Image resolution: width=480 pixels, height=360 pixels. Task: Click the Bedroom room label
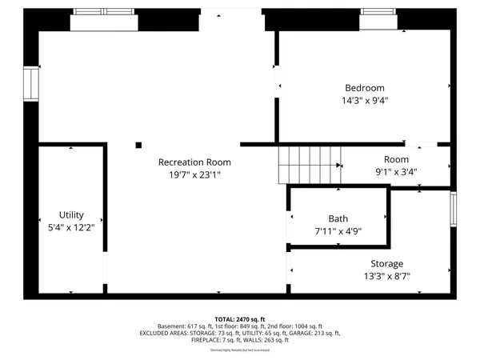click(x=365, y=88)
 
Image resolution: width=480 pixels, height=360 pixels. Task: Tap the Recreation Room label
click(x=194, y=162)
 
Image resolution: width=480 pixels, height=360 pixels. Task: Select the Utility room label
click(x=71, y=215)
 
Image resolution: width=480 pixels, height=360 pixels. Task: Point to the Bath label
click(x=338, y=219)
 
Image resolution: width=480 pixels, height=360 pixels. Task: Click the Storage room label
click(x=386, y=264)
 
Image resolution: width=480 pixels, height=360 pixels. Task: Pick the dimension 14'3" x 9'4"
click(x=365, y=101)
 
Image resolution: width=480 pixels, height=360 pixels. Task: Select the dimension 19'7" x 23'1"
click(x=194, y=174)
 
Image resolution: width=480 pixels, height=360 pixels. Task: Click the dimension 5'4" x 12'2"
click(x=71, y=228)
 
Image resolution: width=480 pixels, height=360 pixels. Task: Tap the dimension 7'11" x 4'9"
click(x=338, y=232)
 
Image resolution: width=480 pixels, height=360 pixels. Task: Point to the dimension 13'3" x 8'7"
click(x=386, y=277)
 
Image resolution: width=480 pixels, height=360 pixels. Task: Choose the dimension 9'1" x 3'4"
click(x=396, y=171)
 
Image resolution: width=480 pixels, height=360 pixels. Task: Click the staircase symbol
click(x=309, y=165)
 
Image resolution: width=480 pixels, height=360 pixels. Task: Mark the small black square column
click(x=138, y=145)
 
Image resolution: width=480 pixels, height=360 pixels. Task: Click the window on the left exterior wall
click(x=31, y=83)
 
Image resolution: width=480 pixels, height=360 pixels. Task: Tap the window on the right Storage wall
click(x=454, y=209)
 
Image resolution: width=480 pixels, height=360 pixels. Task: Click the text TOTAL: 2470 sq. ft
click(x=239, y=318)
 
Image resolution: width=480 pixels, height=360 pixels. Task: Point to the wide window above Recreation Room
click(x=104, y=13)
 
